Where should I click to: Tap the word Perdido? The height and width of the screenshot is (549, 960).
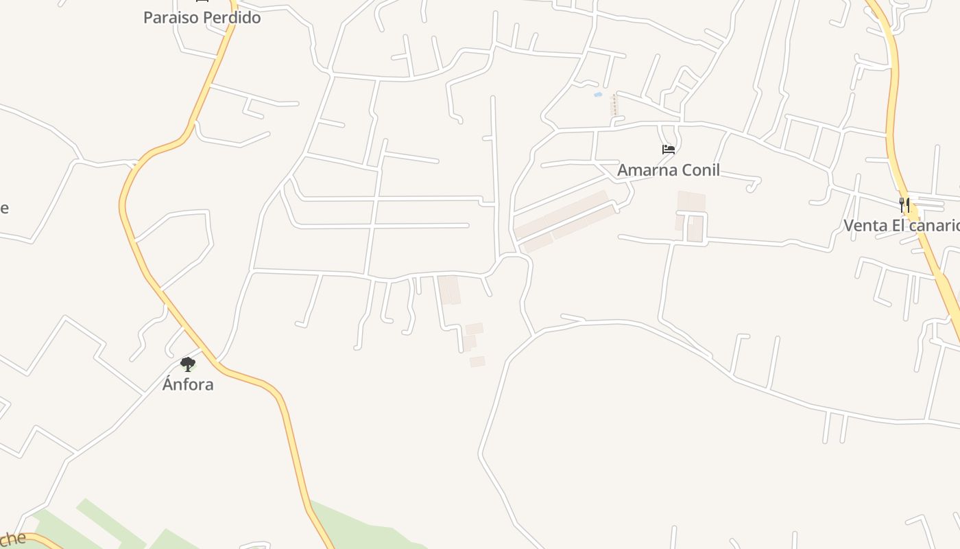pyautogui.click(x=232, y=18)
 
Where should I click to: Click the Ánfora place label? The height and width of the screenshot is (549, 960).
pyautogui.click(x=188, y=384)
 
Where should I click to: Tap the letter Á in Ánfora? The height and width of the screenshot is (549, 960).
pyautogui.click(x=168, y=384)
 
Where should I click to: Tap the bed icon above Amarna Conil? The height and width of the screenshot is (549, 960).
pyautogui.click(x=669, y=150)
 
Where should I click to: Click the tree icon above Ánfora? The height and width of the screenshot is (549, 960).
pyautogui.click(x=188, y=364)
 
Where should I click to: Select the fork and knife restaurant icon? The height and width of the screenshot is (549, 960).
pyautogui.click(x=904, y=205)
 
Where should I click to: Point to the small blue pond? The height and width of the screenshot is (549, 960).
pyautogui.click(x=598, y=95)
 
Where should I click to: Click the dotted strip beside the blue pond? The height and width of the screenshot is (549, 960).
pyautogui.click(x=615, y=105)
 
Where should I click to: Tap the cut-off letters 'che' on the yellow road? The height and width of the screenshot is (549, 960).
pyautogui.click(x=13, y=539)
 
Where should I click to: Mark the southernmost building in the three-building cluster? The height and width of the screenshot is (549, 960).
pyautogui.click(x=477, y=362)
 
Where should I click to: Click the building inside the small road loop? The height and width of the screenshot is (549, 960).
pyautogui.click(x=695, y=231)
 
